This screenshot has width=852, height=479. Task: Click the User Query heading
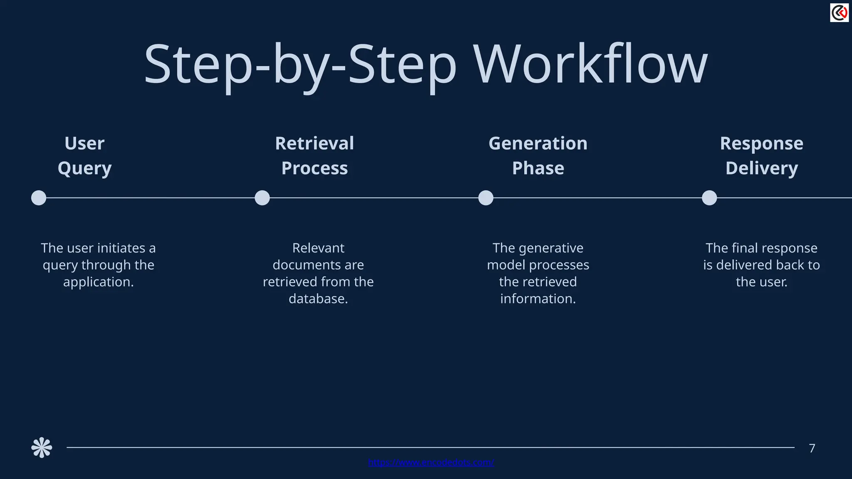84,156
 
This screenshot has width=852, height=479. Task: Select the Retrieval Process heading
315,156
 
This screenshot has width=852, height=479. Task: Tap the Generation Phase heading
538,156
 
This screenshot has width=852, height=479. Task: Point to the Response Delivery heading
761,156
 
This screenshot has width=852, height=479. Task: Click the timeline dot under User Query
39,198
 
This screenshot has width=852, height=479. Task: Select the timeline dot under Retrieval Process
262,198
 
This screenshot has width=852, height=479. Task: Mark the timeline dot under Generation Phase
485,198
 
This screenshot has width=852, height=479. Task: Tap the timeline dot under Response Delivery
709,198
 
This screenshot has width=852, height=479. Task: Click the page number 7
812,448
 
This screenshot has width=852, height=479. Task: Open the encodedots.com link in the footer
431,462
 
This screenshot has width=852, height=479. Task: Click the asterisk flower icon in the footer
42,448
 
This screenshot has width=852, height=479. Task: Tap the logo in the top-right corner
839,13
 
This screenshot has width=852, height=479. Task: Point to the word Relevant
318,248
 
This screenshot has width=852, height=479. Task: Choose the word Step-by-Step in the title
300,64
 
